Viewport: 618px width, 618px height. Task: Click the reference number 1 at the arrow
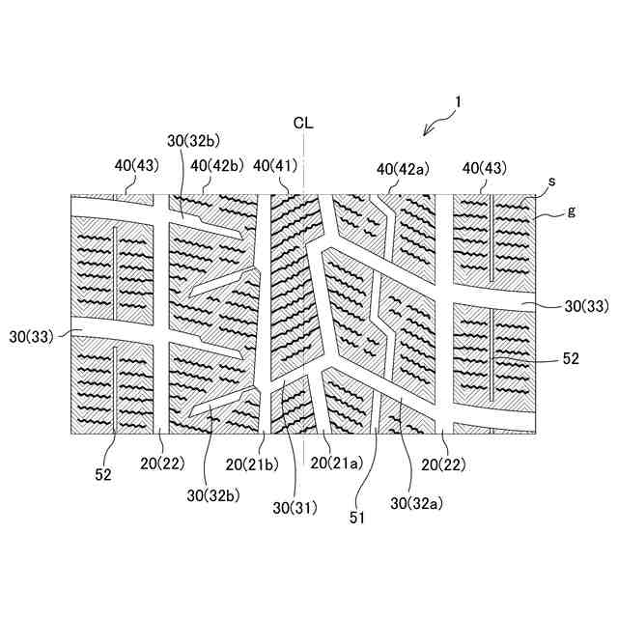[x=458, y=99]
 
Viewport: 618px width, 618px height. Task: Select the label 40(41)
[x=275, y=167]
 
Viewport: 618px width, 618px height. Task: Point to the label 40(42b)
[x=216, y=166]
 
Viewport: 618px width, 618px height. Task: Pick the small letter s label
[x=551, y=181]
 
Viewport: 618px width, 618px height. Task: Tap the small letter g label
[x=572, y=210]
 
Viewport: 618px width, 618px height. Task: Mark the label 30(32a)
[x=417, y=502]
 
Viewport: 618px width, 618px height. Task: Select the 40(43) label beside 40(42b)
[x=136, y=166]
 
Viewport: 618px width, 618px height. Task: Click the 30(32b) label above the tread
[x=193, y=140]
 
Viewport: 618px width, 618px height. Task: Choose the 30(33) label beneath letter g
[x=585, y=307]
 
